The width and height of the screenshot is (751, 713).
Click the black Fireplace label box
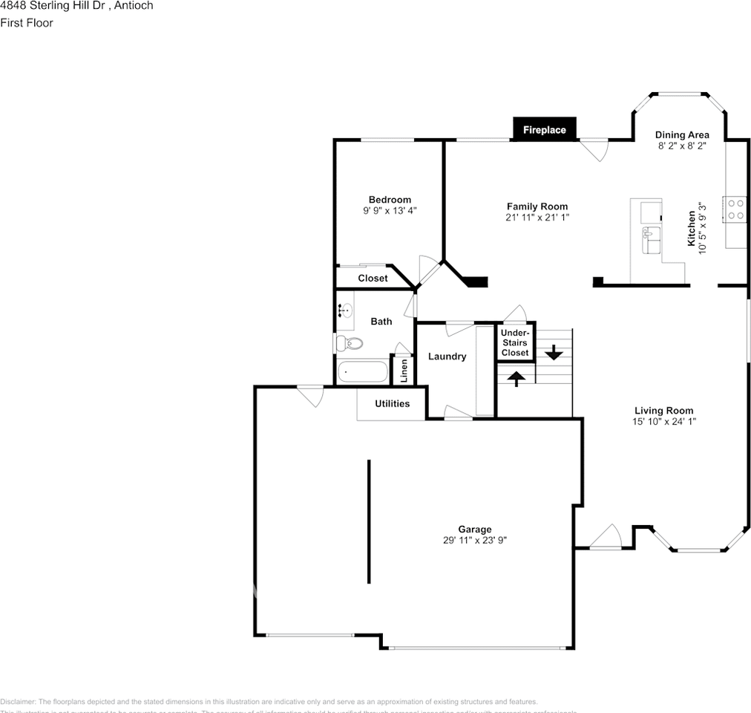[544, 130]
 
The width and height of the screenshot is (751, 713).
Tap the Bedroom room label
[390, 200]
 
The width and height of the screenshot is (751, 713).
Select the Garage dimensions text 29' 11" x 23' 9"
[475, 541]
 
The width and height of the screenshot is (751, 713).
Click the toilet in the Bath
[349, 343]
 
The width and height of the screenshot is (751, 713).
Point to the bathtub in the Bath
[363, 371]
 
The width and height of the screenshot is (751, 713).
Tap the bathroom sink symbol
[346, 310]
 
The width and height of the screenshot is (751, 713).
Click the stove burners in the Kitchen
[735, 209]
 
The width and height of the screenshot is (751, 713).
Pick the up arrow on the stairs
[516, 377]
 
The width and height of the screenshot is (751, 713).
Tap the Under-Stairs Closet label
[515, 342]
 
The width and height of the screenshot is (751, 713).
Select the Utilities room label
[392, 404]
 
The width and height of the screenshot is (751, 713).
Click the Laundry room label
[447, 356]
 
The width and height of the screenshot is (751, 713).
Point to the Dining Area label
[682, 135]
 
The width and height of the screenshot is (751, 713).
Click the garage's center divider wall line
[369, 521]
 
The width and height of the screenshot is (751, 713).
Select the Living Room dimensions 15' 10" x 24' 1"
[663, 421]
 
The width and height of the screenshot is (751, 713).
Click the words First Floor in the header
[27, 23]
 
